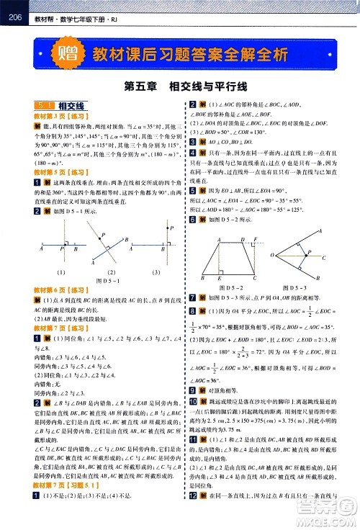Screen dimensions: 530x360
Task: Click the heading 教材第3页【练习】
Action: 58,115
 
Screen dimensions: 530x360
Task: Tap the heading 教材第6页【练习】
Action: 58,289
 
